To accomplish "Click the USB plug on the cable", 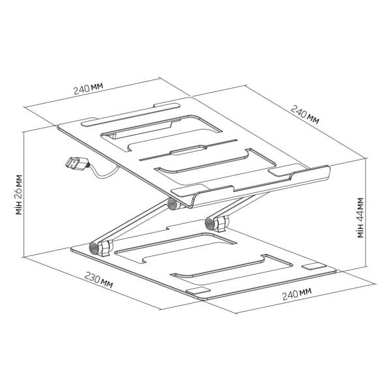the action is (77, 163).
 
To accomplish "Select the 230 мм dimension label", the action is (98, 280).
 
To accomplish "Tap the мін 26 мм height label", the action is (19, 195).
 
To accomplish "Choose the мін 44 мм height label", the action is (360, 218).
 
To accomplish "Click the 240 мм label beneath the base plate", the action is (297, 295).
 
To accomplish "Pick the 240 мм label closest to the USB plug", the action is (88, 88).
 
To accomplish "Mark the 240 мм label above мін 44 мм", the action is (305, 115).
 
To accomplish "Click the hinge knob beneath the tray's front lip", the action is (172, 204).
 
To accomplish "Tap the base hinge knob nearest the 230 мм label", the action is (94, 248).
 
